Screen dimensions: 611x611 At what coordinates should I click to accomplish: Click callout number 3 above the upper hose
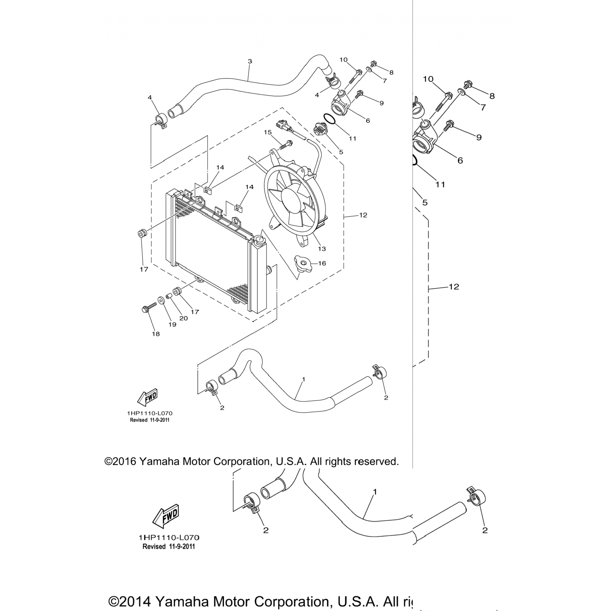(x=250, y=62)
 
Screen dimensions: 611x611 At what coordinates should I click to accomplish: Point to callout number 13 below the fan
(x=322, y=249)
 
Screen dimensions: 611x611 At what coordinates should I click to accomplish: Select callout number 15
(x=268, y=132)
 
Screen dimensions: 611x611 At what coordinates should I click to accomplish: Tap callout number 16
(x=322, y=264)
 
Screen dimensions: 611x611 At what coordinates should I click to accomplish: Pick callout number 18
(x=156, y=334)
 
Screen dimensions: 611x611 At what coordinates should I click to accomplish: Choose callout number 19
(x=172, y=325)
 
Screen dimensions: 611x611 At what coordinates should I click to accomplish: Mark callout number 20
(x=184, y=318)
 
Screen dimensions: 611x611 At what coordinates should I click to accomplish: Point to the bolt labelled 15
(x=286, y=144)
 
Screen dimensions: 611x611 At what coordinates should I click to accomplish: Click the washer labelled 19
(x=162, y=301)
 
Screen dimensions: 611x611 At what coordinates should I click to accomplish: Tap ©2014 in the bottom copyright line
(x=130, y=602)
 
